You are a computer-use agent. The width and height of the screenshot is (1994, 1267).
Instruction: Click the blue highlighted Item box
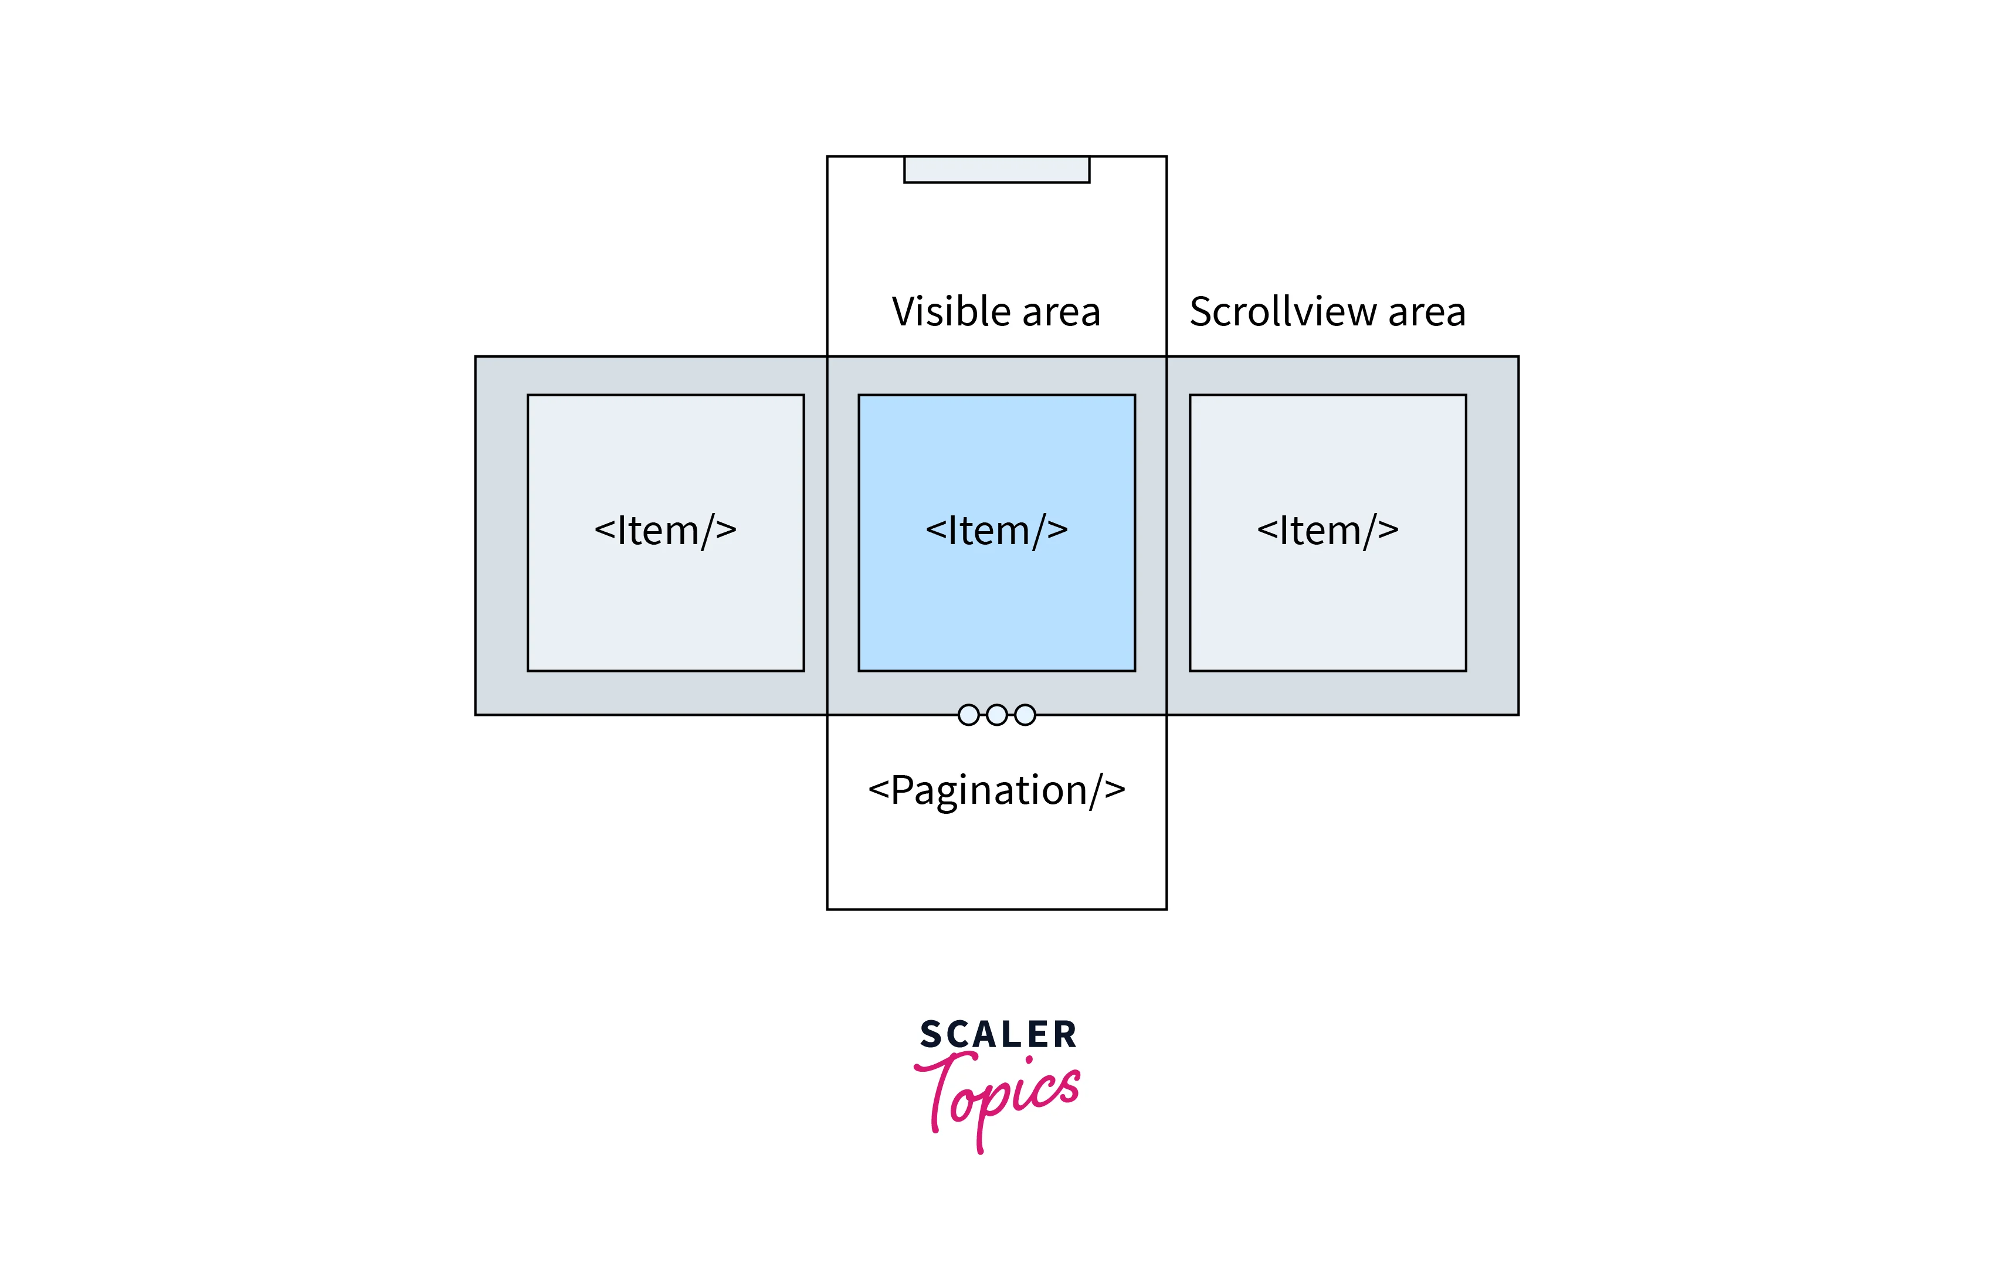tap(996, 532)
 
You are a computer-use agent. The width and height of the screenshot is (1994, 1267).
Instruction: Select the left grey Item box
tap(666, 532)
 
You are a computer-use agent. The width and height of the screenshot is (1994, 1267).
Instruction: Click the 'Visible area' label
tap(996, 312)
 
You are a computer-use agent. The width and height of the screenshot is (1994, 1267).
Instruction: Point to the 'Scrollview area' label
tap(1327, 312)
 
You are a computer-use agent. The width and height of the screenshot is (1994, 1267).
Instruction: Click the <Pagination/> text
tap(996, 792)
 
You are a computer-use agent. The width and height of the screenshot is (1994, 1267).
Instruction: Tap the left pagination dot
tap(968, 715)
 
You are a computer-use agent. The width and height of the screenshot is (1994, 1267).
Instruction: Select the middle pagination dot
tap(997, 715)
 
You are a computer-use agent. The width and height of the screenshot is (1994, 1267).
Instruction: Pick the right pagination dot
tap(1025, 715)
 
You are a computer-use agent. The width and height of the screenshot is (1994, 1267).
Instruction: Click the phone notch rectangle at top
tap(996, 169)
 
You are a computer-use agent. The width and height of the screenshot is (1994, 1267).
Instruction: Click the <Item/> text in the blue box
tap(996, 531)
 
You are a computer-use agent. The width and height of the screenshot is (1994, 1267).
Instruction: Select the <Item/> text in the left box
tap(666, 531)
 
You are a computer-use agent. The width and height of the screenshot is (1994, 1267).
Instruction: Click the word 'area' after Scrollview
tap(1427, 315)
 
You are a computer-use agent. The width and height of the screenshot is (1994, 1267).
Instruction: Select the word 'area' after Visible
tap(1063, 315)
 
